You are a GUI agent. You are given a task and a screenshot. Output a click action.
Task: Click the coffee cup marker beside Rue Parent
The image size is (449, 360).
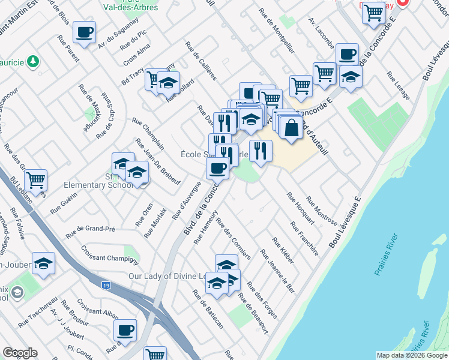pos(84,32)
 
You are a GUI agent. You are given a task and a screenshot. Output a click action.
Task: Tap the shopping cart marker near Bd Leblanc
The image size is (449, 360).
pos(36,179)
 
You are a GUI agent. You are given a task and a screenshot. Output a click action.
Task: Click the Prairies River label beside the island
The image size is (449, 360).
pos(387,260)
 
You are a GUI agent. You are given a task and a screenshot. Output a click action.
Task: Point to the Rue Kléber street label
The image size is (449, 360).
pos(283,251)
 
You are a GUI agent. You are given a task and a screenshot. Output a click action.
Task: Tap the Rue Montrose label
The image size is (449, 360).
pos(321,210)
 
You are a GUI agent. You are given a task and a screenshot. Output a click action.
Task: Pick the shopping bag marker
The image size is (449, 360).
pos(291,128)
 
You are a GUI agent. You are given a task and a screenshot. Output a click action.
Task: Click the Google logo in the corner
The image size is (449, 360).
pos(20,353)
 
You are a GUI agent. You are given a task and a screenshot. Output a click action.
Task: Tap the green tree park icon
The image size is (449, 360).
pos(34,61)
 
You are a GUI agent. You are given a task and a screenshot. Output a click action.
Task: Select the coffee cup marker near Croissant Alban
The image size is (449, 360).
pos(125,330)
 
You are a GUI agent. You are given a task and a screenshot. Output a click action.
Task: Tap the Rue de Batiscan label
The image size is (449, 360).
pos(208,309)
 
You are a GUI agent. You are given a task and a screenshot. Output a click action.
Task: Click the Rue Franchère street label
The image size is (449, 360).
pos(304,239)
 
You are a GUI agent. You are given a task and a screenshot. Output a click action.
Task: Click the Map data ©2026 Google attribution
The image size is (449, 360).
pos(411,355)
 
